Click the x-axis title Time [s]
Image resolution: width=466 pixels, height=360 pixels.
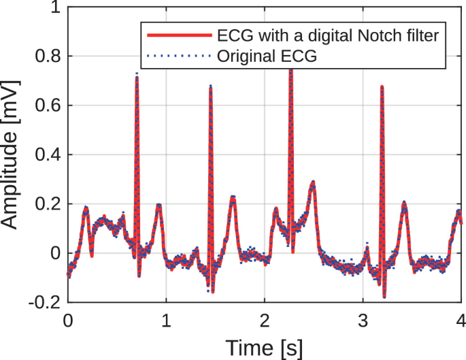[x=264, y=347]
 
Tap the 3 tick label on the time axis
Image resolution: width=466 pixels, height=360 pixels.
[x=363, y=319]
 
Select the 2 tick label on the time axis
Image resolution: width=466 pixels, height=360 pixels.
[x=264, y=319]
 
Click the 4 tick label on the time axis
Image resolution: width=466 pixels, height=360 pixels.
[x=461, y=319]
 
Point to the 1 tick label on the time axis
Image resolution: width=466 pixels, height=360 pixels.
[x=166, y=319]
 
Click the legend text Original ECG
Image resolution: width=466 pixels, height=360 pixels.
[x=268, y=56]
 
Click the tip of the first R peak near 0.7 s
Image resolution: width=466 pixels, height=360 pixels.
[x=137, y=75]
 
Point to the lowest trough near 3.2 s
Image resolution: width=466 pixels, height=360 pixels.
[x=384, y=296]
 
